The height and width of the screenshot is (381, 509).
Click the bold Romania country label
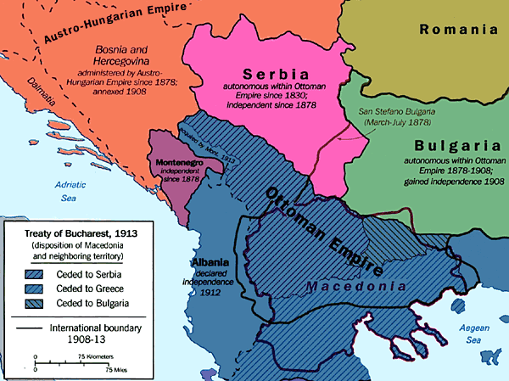point(459,29)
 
